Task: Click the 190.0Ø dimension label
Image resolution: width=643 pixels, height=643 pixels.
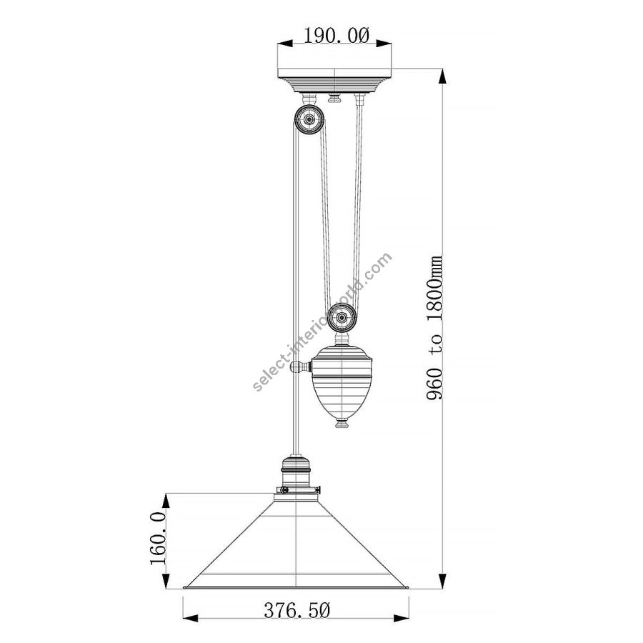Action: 337,36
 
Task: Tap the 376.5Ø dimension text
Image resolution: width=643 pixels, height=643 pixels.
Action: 296,610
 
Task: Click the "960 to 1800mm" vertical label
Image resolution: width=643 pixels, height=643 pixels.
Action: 434,328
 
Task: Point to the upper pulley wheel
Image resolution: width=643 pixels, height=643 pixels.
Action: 309,119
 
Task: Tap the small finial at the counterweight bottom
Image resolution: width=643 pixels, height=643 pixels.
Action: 342,423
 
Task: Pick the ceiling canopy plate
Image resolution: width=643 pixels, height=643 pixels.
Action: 334,80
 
